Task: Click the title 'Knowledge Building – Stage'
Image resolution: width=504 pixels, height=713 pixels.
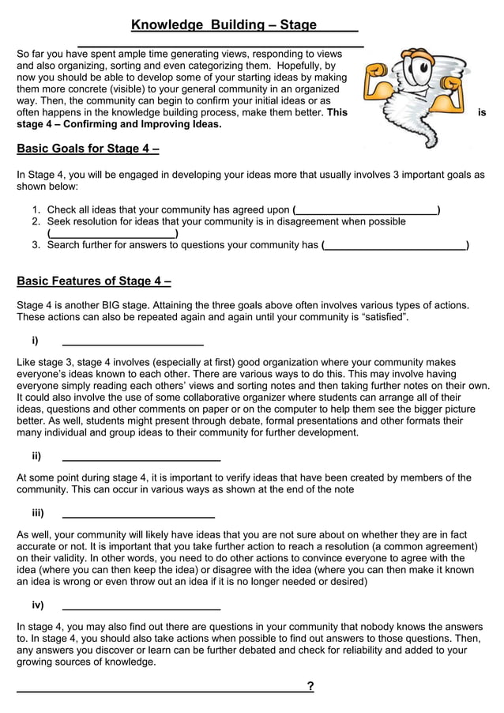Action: click(x=224, y=25)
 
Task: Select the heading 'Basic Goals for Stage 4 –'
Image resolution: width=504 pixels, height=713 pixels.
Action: click(x=88, y=149)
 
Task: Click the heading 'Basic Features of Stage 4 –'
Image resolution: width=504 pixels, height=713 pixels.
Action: click(x=94, y=281)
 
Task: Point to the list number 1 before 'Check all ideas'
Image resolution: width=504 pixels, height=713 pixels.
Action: click(x=36, y=209)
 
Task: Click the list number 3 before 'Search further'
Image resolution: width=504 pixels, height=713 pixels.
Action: click(x=36, y=245)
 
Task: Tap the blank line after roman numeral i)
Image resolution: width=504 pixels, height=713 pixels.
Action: click(x=133, y=342)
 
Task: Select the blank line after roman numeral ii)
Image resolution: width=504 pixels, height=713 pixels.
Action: click(x=141, y=457)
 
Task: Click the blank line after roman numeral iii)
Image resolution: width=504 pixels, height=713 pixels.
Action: click(x=138, y=514)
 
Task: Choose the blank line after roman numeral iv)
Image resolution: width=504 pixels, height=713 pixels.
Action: click(x=141, y=606)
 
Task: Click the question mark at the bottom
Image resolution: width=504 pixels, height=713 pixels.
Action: click(x=310, y=686)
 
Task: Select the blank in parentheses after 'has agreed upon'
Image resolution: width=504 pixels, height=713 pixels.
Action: click(x=366, y=210)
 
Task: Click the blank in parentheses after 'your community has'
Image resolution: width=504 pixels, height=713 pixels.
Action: click(x=396, y=246)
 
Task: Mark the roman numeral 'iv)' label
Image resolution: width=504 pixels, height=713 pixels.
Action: click(x=37, y=605)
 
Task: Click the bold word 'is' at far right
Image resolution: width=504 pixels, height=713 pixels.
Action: click(x=482, y=113)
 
